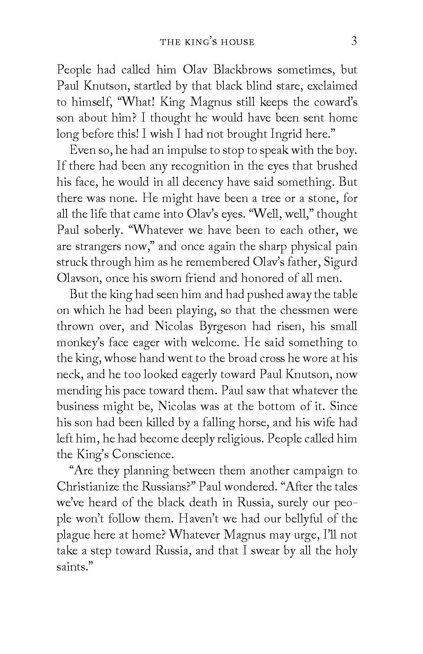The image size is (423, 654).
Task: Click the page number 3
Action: point(354,41)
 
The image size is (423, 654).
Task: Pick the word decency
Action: point(203,182)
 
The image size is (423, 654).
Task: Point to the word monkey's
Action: point(80,343)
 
